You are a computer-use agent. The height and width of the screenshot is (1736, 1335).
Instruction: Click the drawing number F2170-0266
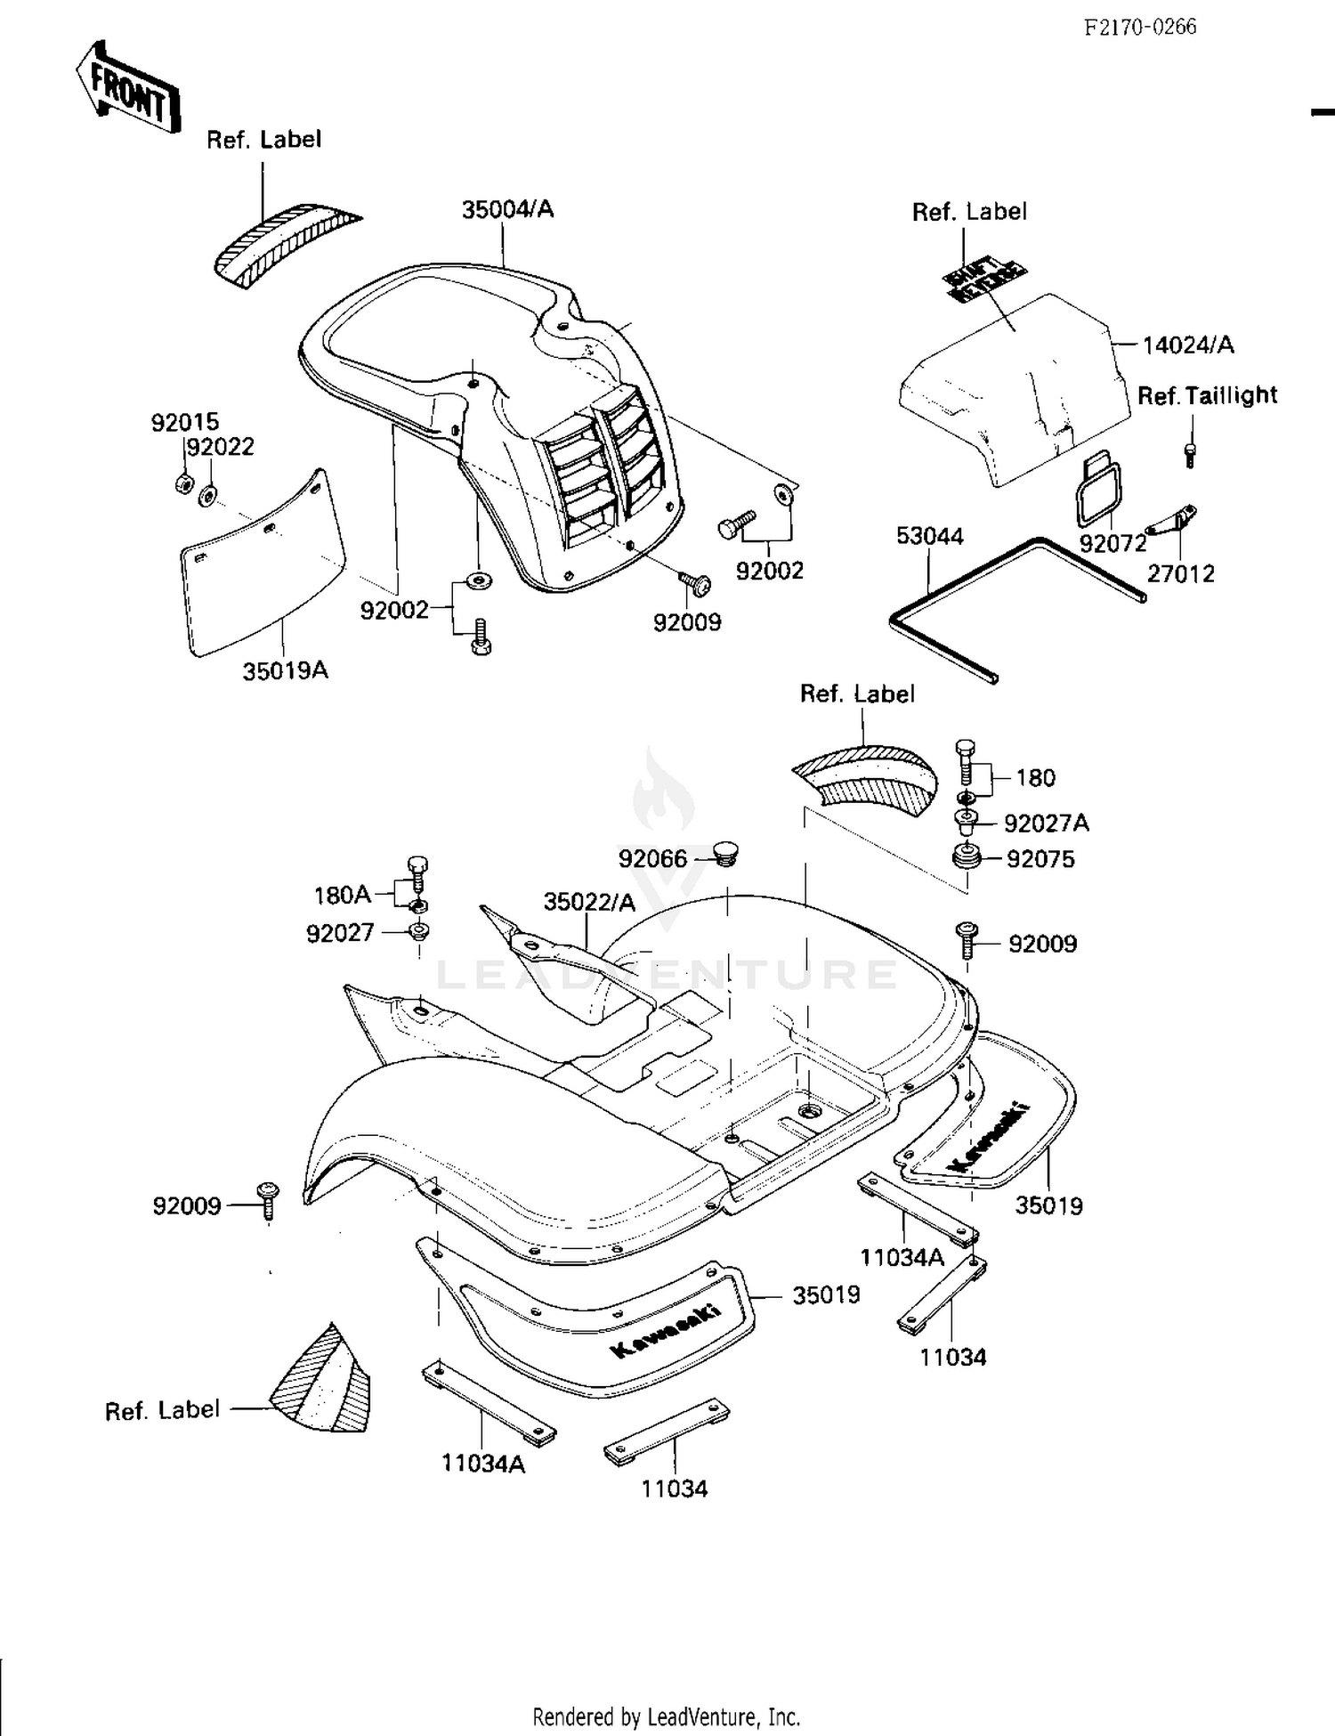[x=1140, y=28]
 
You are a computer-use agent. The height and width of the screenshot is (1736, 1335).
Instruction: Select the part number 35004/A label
[x=507, y=209]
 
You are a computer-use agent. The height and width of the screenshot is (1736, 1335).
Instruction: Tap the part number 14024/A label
[x=1188, y=345]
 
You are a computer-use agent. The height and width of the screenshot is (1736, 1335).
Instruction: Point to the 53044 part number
[x=929, y=536]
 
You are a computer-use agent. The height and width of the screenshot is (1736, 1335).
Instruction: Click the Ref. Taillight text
[x=1207, y=395]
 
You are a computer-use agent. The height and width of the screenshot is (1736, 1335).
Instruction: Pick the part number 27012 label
[x=1180, y=573]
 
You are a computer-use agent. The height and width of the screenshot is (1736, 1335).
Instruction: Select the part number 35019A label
[x=285, y=670]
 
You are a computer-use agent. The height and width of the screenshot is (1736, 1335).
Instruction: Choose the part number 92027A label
[x=1046, y=823]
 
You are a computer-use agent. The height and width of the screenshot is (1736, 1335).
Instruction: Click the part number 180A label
[x=342, y=895]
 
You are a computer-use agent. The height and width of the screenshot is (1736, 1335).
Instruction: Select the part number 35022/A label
[x=589, y=902]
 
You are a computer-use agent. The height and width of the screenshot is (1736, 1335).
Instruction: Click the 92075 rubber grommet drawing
[x=966, y=860]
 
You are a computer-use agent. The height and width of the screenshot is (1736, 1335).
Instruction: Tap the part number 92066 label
[x=652, y=858]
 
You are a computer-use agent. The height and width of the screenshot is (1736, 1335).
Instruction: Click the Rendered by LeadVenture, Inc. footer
[x=666, y=1716]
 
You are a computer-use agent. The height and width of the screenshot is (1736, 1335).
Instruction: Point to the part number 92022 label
[x=221, y=447]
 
